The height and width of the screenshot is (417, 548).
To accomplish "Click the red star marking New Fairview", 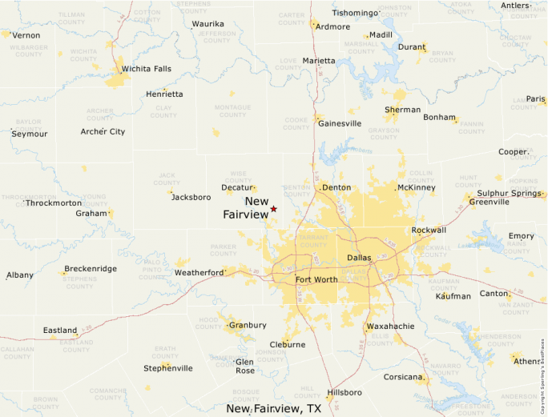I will point(273,209).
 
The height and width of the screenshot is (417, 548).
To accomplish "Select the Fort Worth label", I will point(316,279).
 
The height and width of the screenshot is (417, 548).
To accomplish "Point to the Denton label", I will point(336,187).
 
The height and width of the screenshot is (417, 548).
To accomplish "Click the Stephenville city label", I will point(167,368).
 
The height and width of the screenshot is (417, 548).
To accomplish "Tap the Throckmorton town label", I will point(54,203).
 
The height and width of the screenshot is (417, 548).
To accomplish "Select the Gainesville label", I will point(340,123).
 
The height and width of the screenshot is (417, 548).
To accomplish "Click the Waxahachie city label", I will point(390,327).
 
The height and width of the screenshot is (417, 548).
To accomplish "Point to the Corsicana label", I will point(402,376).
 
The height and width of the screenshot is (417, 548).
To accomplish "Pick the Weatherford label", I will point(199,273).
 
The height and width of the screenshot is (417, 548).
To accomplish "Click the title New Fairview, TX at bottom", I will point(274,408).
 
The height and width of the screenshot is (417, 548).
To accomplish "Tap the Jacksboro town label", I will point(191,197).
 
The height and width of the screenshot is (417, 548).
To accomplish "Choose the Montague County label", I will point(232,110).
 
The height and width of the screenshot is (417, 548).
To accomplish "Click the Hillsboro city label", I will point(345,392).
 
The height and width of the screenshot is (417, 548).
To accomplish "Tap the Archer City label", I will point(103,131).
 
